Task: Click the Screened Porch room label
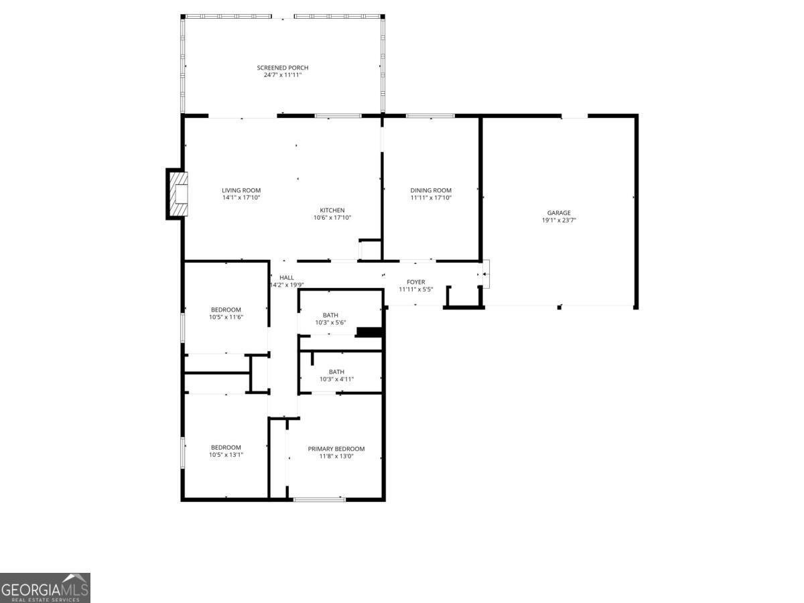[x=283, y=68]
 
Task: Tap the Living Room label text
[x=241, y=190]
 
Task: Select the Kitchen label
[x=332, y=210]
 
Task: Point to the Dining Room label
[x=431, y=190]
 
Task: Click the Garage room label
[x=559, y=213]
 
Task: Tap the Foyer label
[x=416, y=282]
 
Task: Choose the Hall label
[x=287, y=277]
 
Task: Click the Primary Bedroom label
[x=336, y=449]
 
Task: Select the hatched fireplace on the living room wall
[x=177, y=194]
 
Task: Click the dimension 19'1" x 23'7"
[x=559, y=220]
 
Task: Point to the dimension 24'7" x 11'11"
[x=283, y=75]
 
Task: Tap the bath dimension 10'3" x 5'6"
[x=330, y=323]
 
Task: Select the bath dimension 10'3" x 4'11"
[x=336, y=379]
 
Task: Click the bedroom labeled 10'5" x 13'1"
[x=226, y=451]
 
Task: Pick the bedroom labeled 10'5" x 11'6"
[x=226, y=313]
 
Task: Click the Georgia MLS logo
[x=45, y=588]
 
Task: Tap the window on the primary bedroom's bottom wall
[x=320, y=499]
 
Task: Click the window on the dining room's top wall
[x=430, y=116]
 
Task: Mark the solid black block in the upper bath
[x=368, y=332]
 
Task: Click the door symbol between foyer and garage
[x=486, y=274]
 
